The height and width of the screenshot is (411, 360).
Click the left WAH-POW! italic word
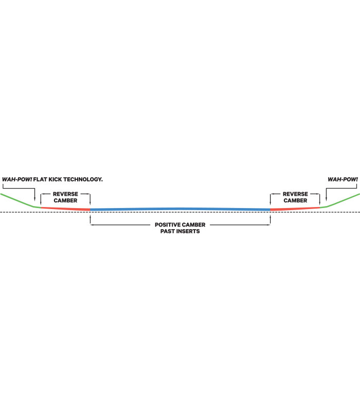tap(16, 179)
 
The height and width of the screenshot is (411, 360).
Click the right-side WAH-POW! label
tap(343, 179)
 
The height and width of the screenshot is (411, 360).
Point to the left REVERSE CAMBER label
tap(65, 197)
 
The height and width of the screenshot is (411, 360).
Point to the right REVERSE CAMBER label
tap(295, 197)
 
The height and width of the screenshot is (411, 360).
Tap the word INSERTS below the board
tap(187, 232)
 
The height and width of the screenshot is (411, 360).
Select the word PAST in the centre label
tap(168, 232)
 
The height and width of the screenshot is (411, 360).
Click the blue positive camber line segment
tap(180, 209)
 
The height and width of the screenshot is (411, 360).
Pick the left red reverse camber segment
tap(66, 208)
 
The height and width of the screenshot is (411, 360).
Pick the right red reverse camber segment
tap(295, 208)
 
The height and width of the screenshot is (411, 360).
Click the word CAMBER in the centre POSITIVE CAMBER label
tap(194, 225)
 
